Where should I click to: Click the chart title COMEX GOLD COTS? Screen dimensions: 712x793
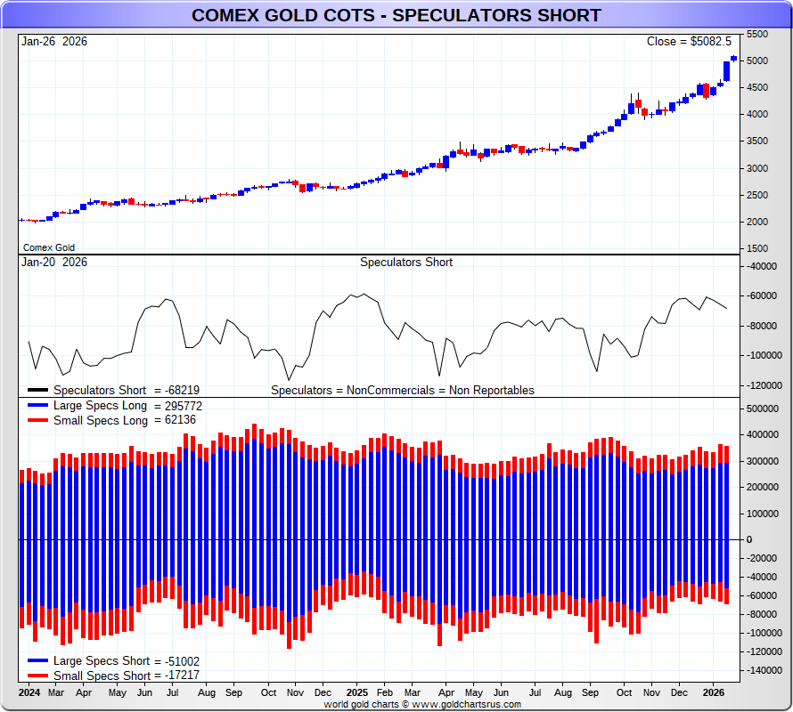tap(396, 15)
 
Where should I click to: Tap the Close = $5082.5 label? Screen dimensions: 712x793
tap(689, 41)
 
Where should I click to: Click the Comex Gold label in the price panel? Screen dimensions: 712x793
tap(49, 247)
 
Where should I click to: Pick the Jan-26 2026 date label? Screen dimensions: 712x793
tap(54, 41)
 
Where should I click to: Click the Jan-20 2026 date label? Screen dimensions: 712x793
tap(54, 262)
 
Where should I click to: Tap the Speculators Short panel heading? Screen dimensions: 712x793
tap(405, 262)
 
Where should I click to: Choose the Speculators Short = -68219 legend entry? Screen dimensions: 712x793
tap(126, 390)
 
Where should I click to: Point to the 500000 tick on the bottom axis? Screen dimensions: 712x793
tap(764, 409)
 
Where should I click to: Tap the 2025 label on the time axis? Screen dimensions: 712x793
tap(357, 692)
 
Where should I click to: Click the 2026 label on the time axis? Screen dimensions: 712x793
tap(713, 692)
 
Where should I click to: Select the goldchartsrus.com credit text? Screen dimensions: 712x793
tap(423, 704)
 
